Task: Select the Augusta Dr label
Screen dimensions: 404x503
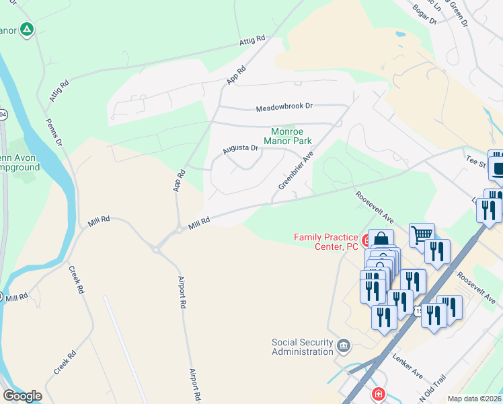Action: click(x=241, y=147)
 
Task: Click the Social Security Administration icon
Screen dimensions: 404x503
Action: click(x=344, y=346)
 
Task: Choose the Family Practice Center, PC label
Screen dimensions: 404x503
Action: click(x=326, y=242)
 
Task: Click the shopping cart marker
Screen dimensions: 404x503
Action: click(x=422, y=235)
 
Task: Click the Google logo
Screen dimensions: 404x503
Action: click(x=22, y=396)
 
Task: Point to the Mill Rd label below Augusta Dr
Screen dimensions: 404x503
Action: click(x=200, y=222)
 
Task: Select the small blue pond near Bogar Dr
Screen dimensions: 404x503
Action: click(x=401, y=33)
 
